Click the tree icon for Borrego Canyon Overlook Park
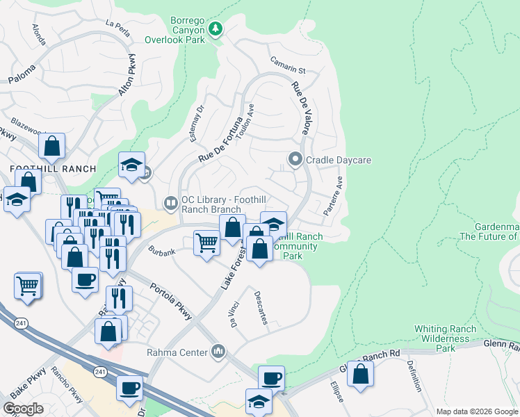pyautogui.click(x=216, y=28)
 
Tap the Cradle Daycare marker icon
pyautogui.click(x=295, y=160)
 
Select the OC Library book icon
pyautogui.click(x=171, y=203)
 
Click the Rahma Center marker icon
pyautogui.click(x=219, y=351)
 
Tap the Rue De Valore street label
pyautogui.click(x=300, y=108)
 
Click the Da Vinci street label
pyautogui.click(x=233, y=316)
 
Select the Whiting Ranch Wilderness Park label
pyautogui.click(x=445, y=338)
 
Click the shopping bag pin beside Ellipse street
pyautogui.click(x=360, y=373)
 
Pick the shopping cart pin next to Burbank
pyautogui.click(x=206, y=243)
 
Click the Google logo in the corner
pyautogui.click(x=23, y=409)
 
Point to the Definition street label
pyautogui.click(x=414, y=376)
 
